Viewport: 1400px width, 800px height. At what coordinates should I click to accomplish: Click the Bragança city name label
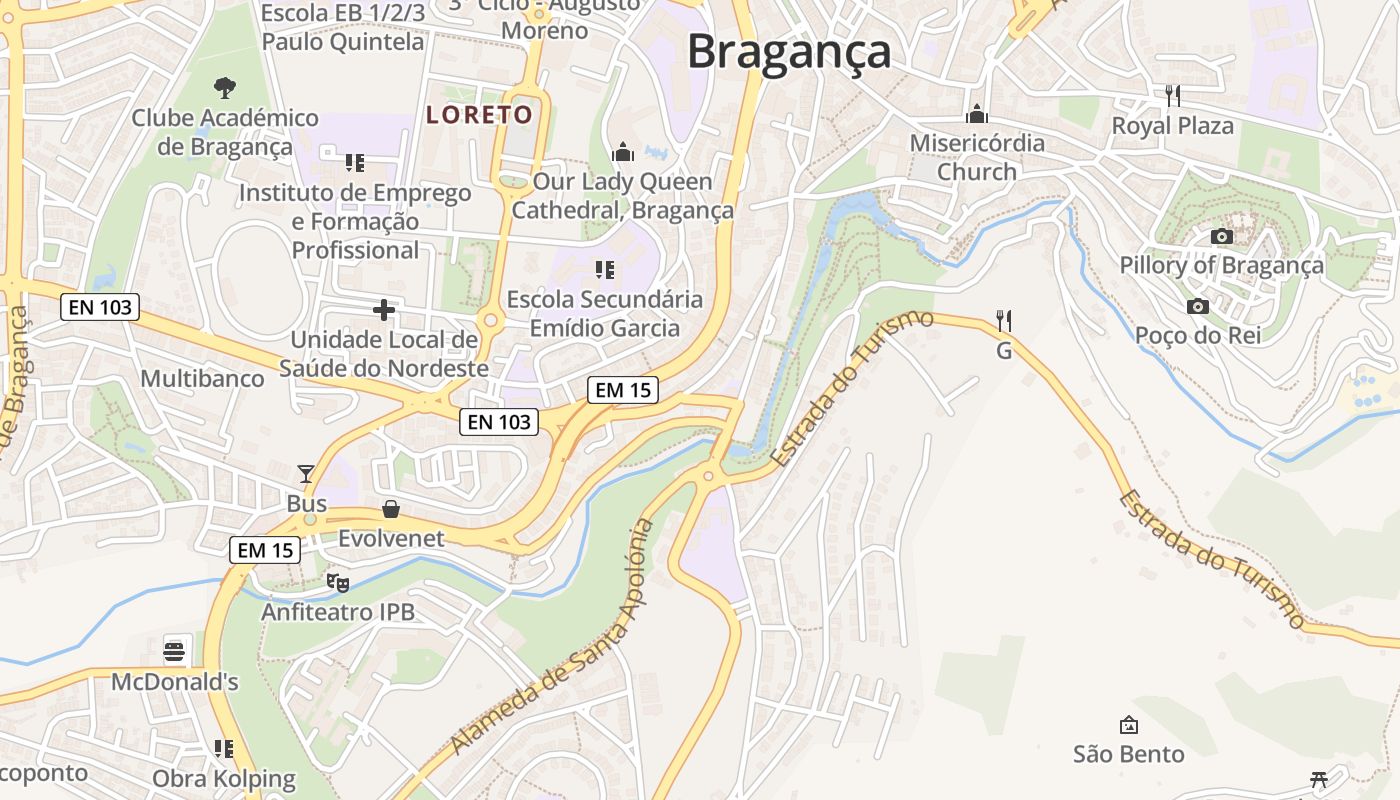click(788, 51)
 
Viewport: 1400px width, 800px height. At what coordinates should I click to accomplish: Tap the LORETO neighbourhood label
click(480, 115)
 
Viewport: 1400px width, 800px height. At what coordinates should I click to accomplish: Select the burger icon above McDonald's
click(175, 652)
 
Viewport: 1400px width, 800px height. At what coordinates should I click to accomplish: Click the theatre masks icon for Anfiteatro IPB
click(338, 581)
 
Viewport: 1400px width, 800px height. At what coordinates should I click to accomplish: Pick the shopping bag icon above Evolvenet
click(391, 509)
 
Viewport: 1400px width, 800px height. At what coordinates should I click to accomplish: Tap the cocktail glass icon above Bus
click(306, 473)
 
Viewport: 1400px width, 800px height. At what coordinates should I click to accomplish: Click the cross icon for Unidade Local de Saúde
click(383, 310)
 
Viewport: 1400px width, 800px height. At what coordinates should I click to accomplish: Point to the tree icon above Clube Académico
click(225, 88)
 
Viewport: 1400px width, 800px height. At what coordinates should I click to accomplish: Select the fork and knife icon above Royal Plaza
click(1173, 96)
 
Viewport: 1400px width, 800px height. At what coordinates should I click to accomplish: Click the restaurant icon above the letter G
click(1004, 321)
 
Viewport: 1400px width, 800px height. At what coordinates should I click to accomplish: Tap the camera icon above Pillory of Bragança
click(1221, 237)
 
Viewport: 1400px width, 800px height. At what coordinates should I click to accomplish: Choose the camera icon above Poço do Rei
click(1197, 306)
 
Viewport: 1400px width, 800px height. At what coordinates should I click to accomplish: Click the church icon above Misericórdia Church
click(977, 114)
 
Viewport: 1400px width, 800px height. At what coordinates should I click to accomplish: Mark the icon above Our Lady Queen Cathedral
click(623, 152)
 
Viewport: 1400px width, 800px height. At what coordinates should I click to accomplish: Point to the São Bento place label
click(1129, 754)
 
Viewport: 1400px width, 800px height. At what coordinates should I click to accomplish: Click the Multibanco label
click(202, 379)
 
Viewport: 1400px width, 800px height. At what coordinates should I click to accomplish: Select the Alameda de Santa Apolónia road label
click(551, 638)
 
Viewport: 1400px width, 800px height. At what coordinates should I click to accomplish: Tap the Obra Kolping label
click(224, 778)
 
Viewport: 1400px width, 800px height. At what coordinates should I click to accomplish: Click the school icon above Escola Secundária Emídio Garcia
click(604, 270)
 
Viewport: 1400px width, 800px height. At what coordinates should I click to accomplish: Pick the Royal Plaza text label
click(1173, 126)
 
